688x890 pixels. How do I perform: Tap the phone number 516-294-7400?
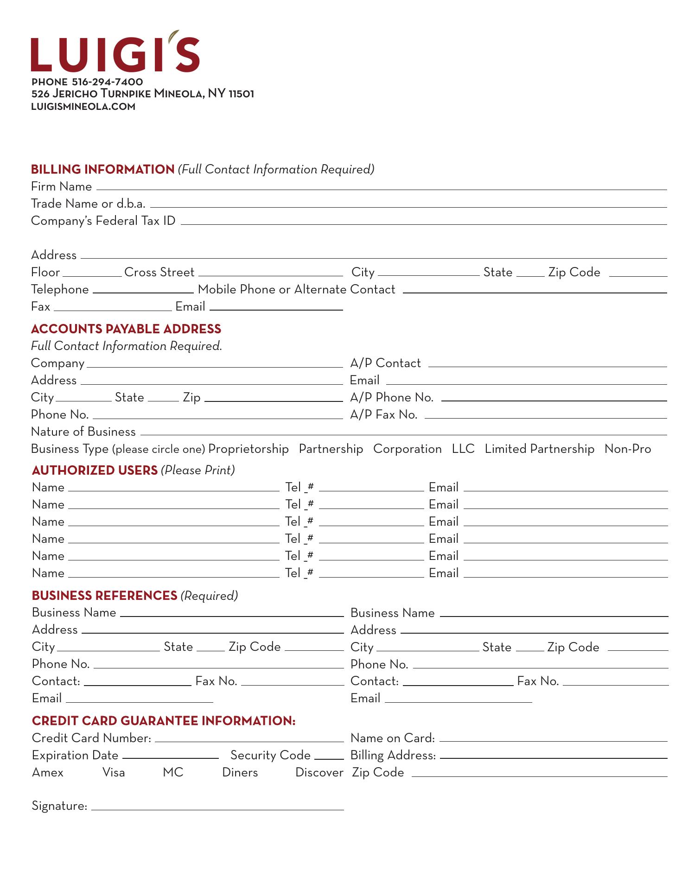(x=108, y=82)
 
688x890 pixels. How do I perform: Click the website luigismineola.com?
(x=83, y=107)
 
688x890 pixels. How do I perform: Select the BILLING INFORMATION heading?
(x=102, y=169)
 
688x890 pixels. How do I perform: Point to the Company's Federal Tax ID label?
(x=103, y=221)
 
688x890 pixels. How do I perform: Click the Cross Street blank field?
(x=270, y=273)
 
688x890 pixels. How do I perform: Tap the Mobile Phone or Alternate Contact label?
(x=296, y=289)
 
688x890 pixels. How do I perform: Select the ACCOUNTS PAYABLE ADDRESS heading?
(x=126, y=329)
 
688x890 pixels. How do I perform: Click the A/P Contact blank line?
(x=547, y=364)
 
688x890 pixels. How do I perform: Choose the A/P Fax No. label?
(x=383, y=414)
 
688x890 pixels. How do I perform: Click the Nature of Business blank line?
(x=403, y=432)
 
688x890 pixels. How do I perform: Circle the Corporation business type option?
(x=407, y=449)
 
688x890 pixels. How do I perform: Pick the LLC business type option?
(x=463, y=449)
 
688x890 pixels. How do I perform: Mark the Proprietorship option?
(x=248, y=449)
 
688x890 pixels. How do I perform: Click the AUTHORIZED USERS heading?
(x=95, y=470)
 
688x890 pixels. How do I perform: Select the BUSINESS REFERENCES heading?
(x=104, y=596)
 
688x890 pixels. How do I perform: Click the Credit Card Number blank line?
(x=249, y=739)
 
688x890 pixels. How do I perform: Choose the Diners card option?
(x=240, y=772)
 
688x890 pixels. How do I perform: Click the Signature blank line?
(x=217, y=807)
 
